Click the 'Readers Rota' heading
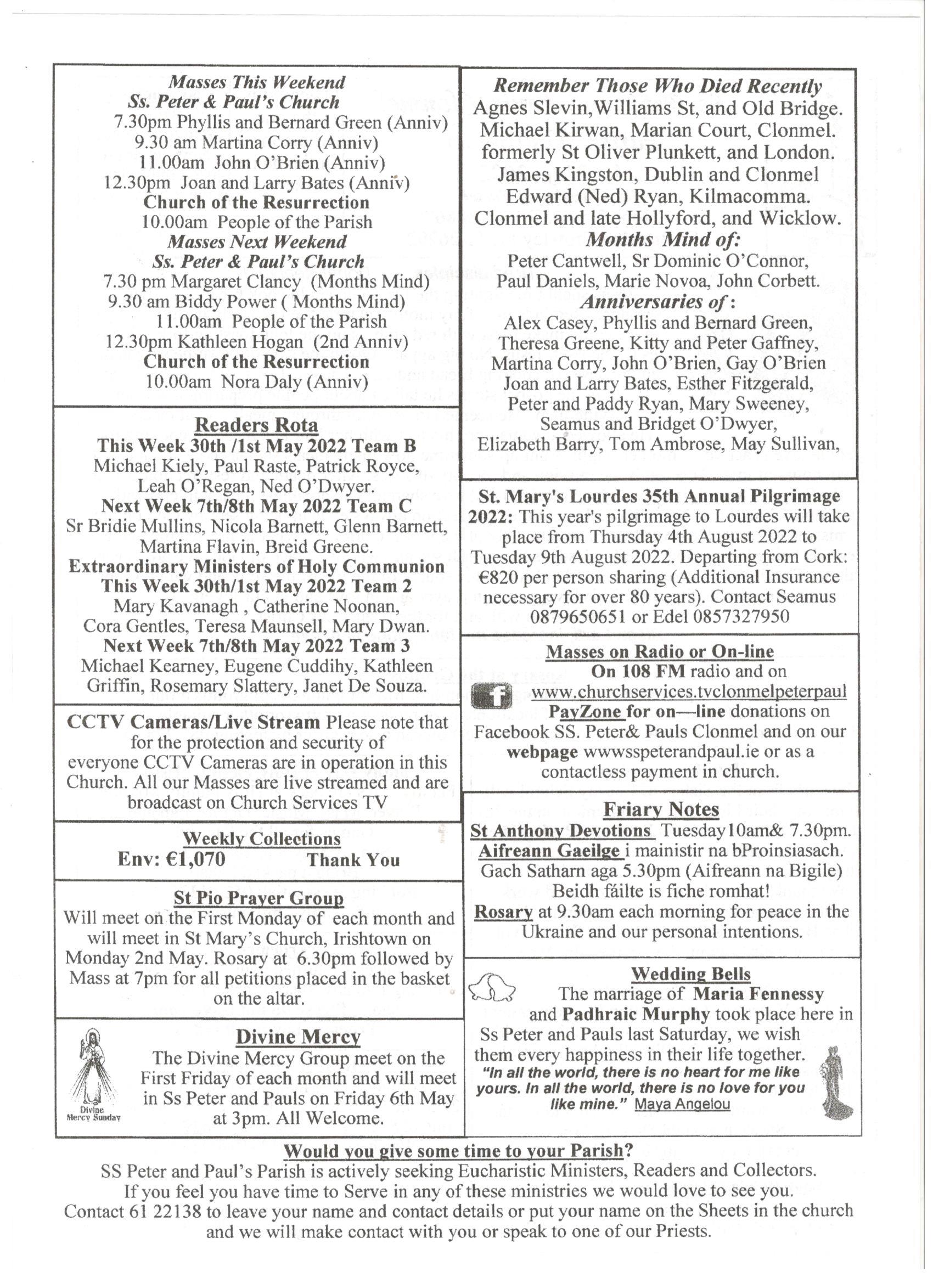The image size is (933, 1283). (x=256, y=425)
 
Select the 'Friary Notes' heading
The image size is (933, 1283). (x=661, y=809)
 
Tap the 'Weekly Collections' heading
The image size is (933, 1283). (x=261, y=839)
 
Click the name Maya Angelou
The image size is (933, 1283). (x=682, y=1104)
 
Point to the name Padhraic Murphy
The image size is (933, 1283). (x=636, y=1014)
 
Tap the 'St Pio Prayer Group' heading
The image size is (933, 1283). (x=258, y=898)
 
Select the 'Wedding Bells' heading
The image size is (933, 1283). (x=690, y=973)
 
